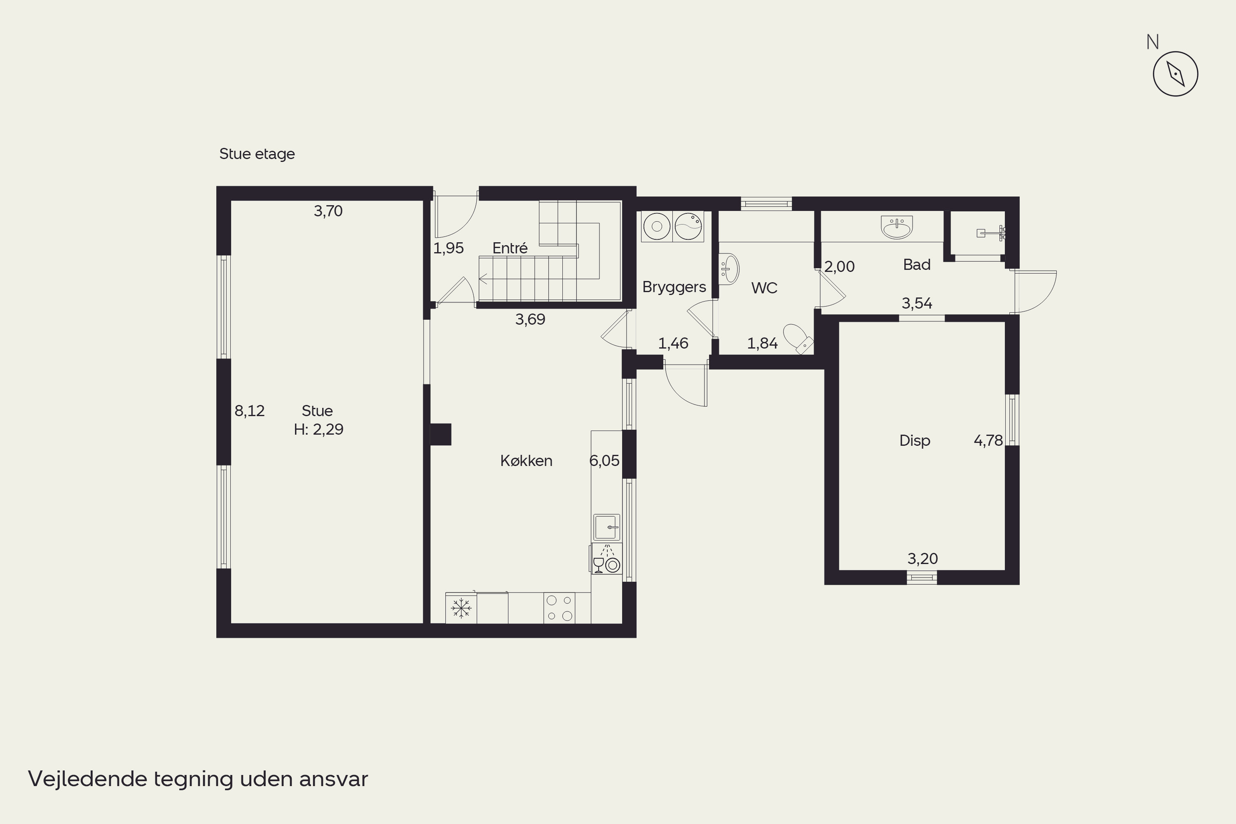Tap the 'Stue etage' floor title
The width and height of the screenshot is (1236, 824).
(257, 154)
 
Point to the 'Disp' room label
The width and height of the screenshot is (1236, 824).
(915, 440)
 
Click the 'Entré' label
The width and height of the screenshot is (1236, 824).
(510, 248)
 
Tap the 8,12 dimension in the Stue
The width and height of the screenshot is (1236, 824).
(250, 411)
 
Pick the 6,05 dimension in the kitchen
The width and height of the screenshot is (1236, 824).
(604, 461)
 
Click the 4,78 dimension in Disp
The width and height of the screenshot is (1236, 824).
(988, 440)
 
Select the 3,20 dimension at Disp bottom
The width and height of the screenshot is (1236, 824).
(923, 559)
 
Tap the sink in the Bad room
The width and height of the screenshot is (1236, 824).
(897, 227)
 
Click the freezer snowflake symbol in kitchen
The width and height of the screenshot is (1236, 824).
(461, 608)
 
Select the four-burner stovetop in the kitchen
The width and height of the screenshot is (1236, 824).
(559, 608)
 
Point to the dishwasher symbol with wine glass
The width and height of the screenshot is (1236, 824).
(606, 559)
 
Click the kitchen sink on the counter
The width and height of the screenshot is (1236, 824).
(606, 527)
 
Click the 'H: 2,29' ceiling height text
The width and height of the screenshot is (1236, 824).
(318, 430)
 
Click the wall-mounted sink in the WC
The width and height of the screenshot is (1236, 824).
(729, 269)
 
